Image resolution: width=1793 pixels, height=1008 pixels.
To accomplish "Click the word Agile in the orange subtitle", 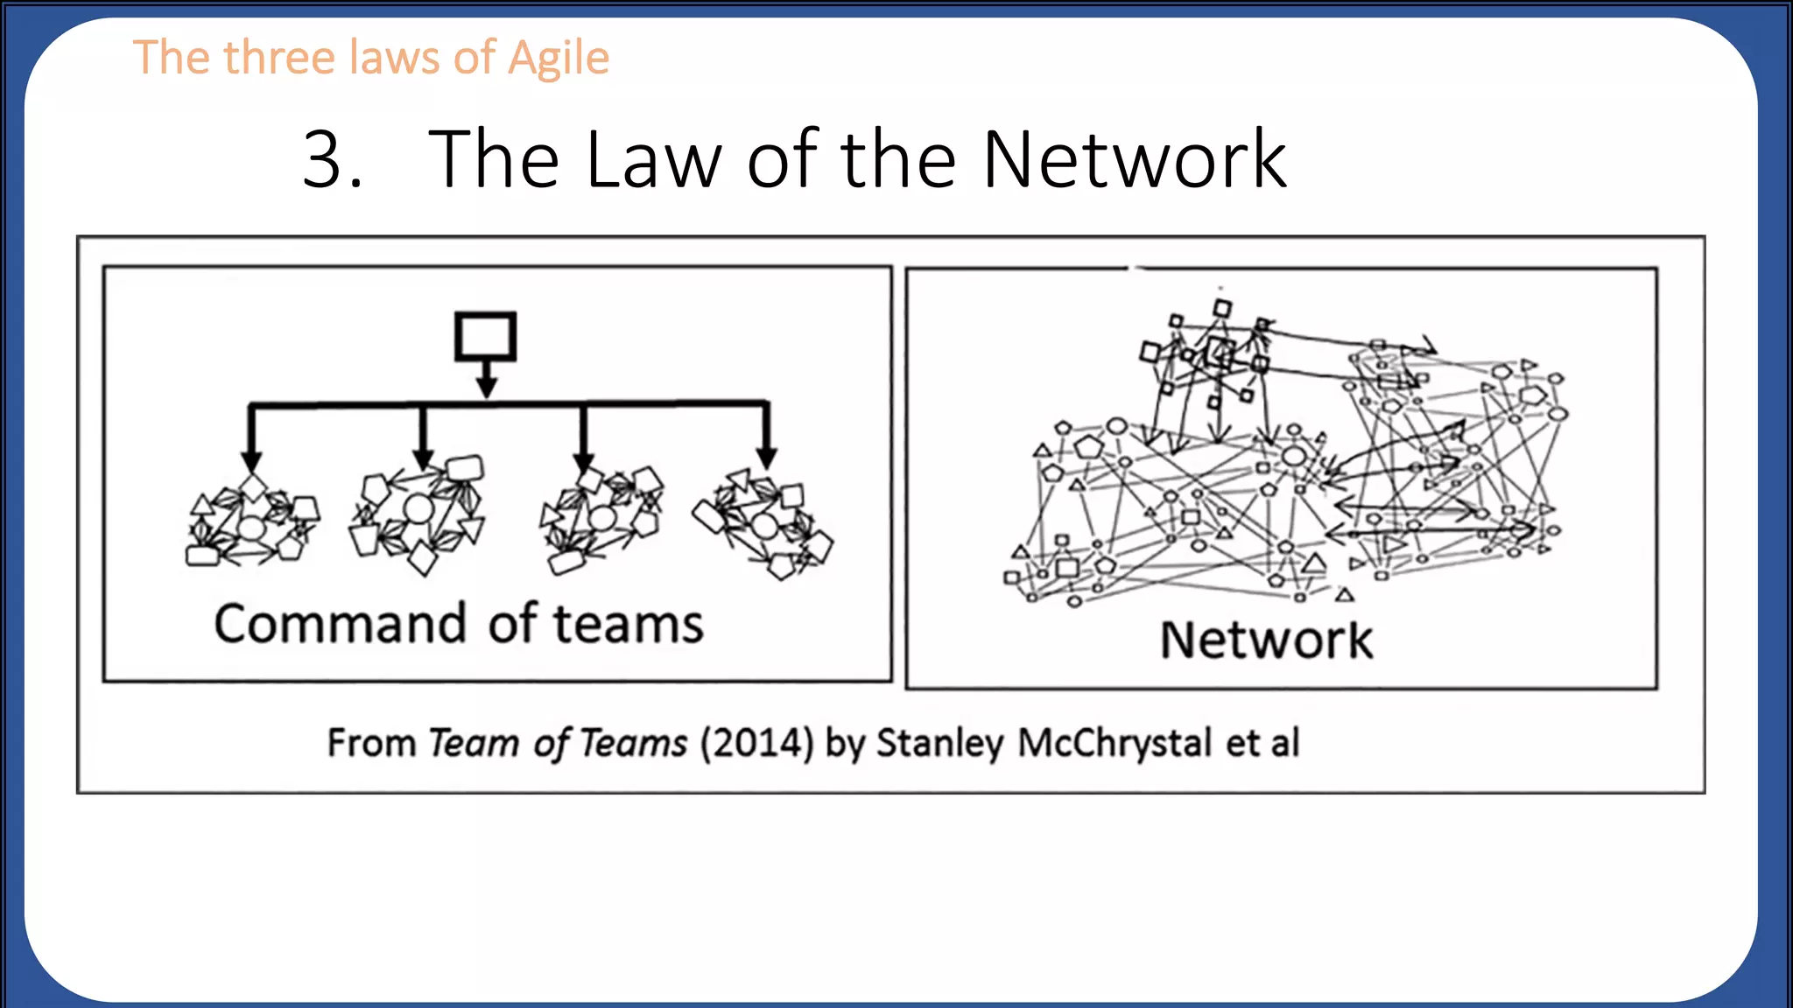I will click(x=559, y=59).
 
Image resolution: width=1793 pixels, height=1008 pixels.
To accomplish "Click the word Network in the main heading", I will click(x=1135, y=159).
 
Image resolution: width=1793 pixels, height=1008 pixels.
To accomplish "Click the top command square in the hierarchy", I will click(x=485, y=336).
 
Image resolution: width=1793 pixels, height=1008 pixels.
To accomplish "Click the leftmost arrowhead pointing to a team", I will click(x=251, y=460).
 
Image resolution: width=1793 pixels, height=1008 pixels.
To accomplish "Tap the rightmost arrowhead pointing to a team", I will click(x=766, y=457).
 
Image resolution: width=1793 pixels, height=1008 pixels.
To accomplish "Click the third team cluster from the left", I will click(x=602, y=518).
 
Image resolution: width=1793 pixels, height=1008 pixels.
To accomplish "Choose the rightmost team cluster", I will click(x=763, y=525).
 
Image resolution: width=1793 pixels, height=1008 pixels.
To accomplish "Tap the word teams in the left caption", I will click(x=628, y=625).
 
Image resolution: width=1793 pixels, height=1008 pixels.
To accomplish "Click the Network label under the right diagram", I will click(x=1266, y=640).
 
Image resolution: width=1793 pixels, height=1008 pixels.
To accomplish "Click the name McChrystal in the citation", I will click(x=1114, y=744).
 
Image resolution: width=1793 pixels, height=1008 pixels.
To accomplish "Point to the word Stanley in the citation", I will click(x=939, y=744).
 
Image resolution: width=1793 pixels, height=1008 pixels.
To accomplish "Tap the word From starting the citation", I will click(x=371, y=744).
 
